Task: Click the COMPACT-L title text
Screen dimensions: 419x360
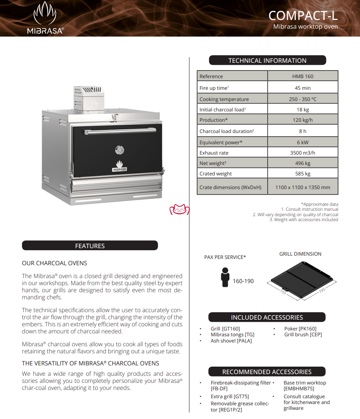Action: click(303, 15)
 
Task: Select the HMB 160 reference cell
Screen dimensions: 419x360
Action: click(303, 76)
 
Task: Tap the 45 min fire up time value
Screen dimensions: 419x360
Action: click(303, 88)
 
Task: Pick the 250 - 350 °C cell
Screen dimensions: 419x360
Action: click(303, 99)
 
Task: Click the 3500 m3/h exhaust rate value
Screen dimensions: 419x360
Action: click(303, 153)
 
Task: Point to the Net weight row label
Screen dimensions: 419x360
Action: click(213, 163)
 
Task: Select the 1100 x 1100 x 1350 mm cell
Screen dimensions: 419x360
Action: click(303, 187)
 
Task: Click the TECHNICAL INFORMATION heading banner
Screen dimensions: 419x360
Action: click(267, 61)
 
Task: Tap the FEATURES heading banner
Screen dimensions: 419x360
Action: click(90, 246)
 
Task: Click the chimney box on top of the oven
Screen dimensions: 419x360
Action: click(88, 98)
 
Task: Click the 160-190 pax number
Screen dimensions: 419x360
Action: click(243, 281)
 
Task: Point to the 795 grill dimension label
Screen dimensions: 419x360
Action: click(321, 293)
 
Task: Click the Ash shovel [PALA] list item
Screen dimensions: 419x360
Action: click(231, 341)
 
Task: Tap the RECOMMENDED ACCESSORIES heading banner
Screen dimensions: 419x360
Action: click(267, 372)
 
